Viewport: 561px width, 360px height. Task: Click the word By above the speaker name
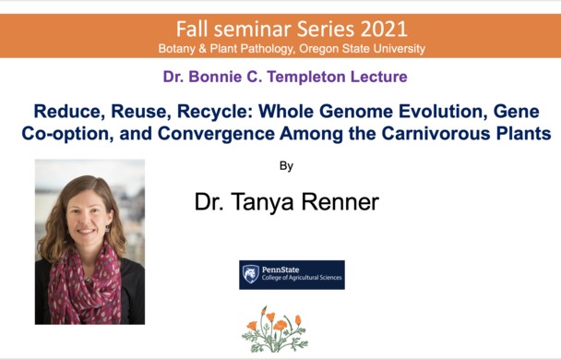point(286,167)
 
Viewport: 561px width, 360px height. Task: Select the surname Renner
point(338,202)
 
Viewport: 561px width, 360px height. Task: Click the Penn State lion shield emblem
point(250,274)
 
